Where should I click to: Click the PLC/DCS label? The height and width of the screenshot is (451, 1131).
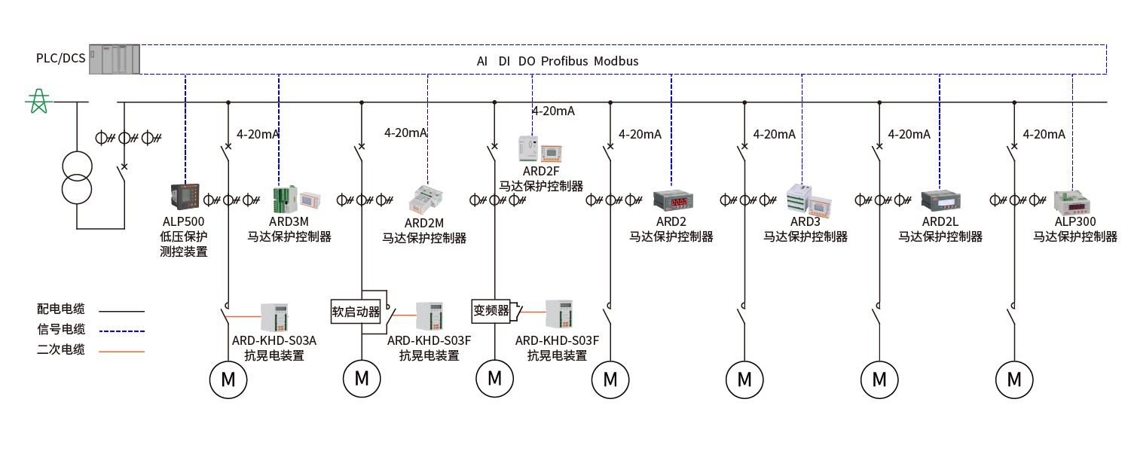tap(61, 59)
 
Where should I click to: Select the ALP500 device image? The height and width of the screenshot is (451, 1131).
tap(183, 197)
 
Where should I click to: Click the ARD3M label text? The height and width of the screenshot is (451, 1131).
tap(289, 221)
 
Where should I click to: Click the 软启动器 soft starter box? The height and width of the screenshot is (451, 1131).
tap(357, 311)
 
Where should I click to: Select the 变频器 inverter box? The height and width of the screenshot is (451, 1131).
tap(491, 310)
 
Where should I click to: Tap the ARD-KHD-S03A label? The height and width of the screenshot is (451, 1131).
tap(274, 340)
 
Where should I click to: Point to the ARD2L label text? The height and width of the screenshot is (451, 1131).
tap(940, 222)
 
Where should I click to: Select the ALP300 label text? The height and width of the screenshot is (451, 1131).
tap(1074, 222)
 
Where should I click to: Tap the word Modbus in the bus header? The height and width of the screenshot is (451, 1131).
tap(616, 61)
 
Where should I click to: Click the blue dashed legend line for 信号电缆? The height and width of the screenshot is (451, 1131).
tap(121, 331)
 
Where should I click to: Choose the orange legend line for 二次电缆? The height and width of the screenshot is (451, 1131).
tap(121, 350)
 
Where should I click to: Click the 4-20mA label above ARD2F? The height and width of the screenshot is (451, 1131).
tap(553, 111)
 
